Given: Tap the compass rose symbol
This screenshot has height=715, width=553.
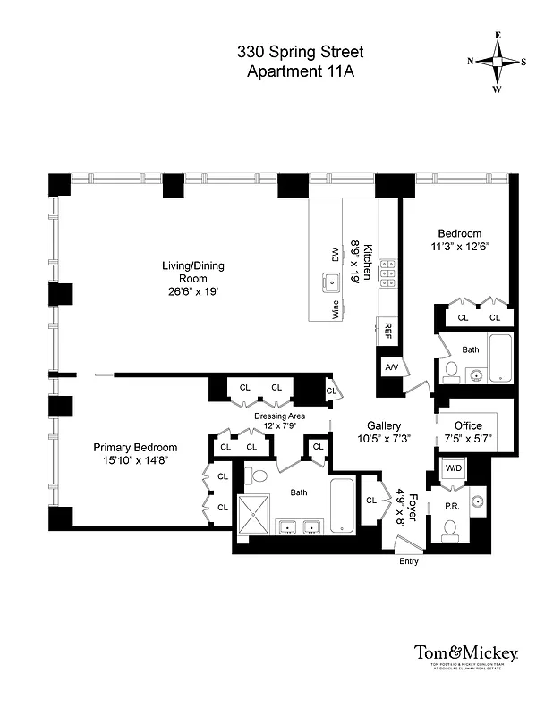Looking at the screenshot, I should (498, 62).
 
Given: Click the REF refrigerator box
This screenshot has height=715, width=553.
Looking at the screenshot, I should (389, 329).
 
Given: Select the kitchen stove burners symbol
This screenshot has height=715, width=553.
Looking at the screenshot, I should (389, 273).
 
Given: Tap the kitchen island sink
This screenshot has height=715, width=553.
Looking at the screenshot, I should (332, 284).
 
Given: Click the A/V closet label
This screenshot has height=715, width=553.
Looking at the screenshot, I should (392, 367).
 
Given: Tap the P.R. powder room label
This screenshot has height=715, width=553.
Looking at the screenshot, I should (451, 505).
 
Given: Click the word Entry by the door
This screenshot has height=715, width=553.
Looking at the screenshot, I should (407, 561).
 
